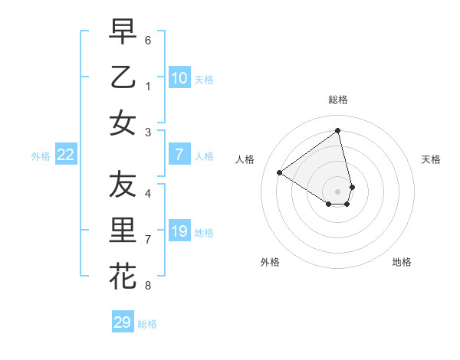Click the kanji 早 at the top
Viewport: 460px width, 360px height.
(x=123, y=31)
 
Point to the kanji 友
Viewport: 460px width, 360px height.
(x=123, y=185)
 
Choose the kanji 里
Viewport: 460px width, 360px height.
(x=123, y=231)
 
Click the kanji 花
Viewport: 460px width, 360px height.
(x=123, y=277)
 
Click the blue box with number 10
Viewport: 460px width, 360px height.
(x=179, y=78)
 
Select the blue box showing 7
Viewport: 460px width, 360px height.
(x=179, y=155)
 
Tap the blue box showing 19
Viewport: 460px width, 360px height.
(x=179, y=231)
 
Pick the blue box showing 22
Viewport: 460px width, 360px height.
(x=66, y=155)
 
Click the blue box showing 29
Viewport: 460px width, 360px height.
(x=122, y=322)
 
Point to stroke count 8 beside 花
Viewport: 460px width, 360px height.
(x=148, y=286)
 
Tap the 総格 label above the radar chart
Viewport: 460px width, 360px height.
(x=338, y=100)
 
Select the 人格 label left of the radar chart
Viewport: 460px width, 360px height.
(x=245, y=159)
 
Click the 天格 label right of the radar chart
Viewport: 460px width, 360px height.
(x=431, y=159)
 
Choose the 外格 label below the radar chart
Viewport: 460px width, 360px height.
(x=270, y=262)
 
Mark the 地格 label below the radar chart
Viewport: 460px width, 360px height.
(x=402, y=262)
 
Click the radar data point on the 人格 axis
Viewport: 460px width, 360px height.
(x=280, y=173)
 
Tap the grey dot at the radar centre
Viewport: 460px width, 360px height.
(x=338, y=191)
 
